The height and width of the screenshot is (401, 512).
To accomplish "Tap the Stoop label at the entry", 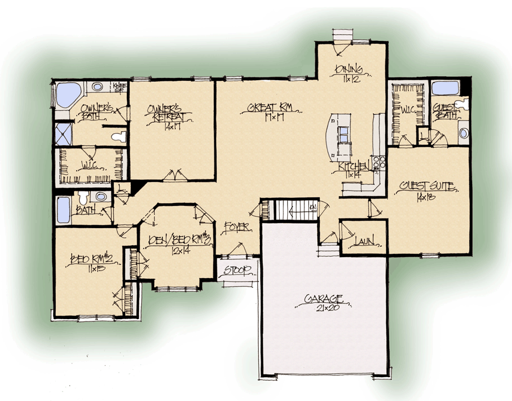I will point(236,270).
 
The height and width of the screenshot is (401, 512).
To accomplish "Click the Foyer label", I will point(237,226).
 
